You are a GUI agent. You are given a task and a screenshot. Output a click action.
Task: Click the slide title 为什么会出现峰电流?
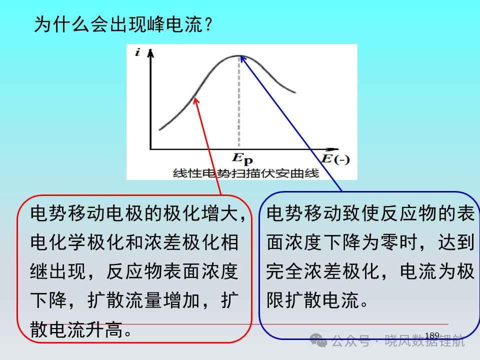pyautogui.click(x=123, y=24)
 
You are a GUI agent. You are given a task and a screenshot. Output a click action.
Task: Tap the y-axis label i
pyautogui.click(x=137, y=52)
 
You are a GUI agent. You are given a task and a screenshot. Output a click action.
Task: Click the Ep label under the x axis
pyautogui.click(x=242, y=158)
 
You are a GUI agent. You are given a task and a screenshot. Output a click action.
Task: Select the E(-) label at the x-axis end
pyautogui.click(x=335, y=159)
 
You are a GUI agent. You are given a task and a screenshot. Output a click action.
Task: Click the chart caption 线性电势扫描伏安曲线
pyautogui.click(x=246, y=173)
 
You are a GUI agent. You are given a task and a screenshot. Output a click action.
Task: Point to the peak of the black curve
pyautogui.click(x=239, y=56)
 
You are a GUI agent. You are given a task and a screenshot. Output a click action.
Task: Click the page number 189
pyautogui.click(x=432, y=335)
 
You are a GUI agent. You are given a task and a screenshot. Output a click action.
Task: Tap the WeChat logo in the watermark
pyautogui.click(x=318, y=340)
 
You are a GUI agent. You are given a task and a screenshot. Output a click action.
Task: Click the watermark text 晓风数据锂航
pyautogui.click(x=424, y=340)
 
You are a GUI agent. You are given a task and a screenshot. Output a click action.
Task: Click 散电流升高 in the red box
pyautogui.click(x=76, y=329)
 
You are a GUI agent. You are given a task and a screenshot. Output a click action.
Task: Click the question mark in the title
pyautogui.click(x=209, y=24)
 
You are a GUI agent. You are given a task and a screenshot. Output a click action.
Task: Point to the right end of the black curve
pyautogui.click(x=295, y=92)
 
